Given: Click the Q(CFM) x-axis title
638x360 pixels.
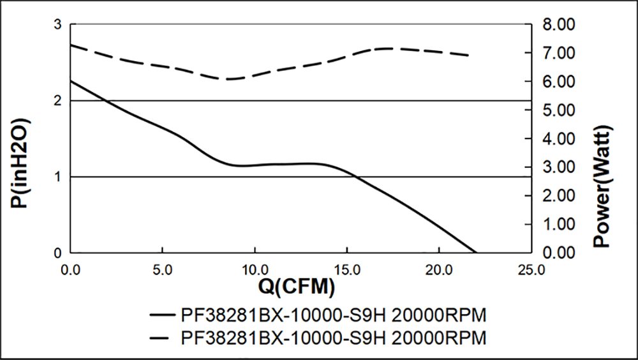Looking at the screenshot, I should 297,289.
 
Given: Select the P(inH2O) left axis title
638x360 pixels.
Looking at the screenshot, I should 19,163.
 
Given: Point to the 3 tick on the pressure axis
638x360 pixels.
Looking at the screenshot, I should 57,25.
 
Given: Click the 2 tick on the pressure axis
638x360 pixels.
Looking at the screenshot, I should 57,101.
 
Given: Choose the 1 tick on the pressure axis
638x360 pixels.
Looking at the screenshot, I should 57,177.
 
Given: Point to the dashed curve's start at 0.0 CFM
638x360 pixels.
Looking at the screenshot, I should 71,45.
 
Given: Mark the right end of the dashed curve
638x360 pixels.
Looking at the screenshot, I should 469,56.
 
